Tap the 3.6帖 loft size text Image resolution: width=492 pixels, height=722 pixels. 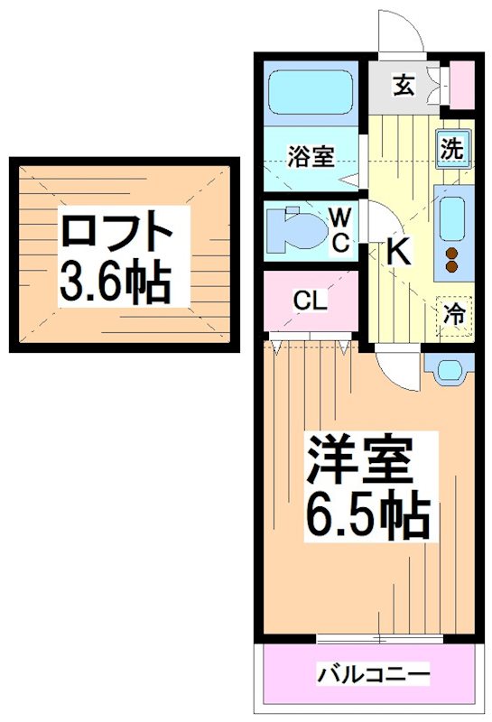tap(115, 282)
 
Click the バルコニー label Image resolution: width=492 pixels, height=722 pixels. tap(372, 674)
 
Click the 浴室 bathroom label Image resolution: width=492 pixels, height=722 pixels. tap(311, 156)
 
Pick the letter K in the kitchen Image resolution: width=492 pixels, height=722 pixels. tap(398, 252)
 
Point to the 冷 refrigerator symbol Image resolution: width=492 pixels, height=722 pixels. tap(456, 314)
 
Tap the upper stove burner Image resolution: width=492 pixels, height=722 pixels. tap(452, 253)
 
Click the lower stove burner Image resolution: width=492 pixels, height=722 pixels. tap(452, 267)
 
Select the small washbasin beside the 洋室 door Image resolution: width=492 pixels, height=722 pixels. tap(447, 367)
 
